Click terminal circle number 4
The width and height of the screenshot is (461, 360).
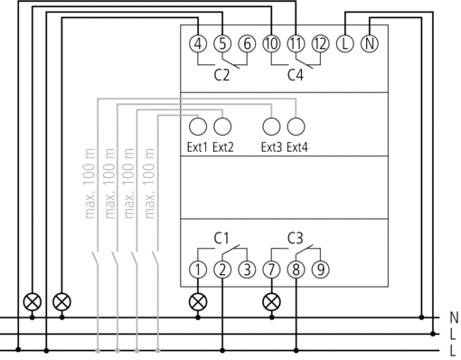click(x=198, y=43)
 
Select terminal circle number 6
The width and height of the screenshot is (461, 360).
click(x=247, y=43)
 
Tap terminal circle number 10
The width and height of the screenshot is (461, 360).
click(x=271, y=43)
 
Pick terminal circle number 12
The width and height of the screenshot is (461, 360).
click(x=320, y=43)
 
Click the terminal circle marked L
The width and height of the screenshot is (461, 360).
click(x=345, y=43)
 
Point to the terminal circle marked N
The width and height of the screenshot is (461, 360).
click(x=370, y=43)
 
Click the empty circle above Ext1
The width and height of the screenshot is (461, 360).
click(x=198, y=127)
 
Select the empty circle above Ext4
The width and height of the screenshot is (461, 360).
click(x=296, y=127)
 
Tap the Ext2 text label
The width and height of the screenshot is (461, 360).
click(x=223, y=147)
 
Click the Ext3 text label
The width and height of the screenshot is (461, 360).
click(x=271, y=147)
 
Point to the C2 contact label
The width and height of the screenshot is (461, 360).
click(x=221, y=75)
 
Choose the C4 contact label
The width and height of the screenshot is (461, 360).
click(x=296, y=75)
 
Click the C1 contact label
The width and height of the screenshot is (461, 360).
click(x=221, y=238)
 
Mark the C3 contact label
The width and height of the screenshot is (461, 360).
click(x=296, y=238)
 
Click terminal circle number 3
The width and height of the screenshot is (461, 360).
click(x=247, y=270)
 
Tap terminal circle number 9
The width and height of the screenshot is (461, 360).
click(x=320, y=270)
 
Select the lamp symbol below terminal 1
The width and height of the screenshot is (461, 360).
click(x=198, y=302)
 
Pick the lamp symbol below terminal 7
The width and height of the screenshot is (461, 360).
click(x=271, y=302)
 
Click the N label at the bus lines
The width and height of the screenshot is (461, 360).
click(x=454, y=317)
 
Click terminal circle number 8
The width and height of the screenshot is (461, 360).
click(x=296, y=270)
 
